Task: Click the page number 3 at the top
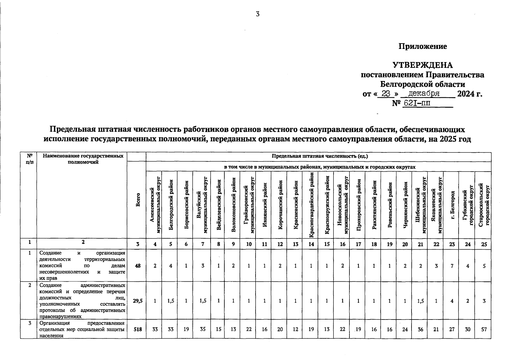click(x=257, y=14)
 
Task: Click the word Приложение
click(x=422, y=46)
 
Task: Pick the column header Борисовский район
click(x=186, y=205)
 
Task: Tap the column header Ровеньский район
click(x=390, y=205)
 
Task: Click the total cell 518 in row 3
click(x=137, y=329)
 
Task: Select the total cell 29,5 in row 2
click(x=137, y=301)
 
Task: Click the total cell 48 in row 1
click(x=137, y=265)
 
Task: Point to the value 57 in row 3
click(x=484, y=329)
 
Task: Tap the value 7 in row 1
click(x=452, y=265)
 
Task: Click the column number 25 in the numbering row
click(x=484, y=244)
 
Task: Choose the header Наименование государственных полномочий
click(x=83, y=159)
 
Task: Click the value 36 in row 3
click(x=421, y=329)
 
